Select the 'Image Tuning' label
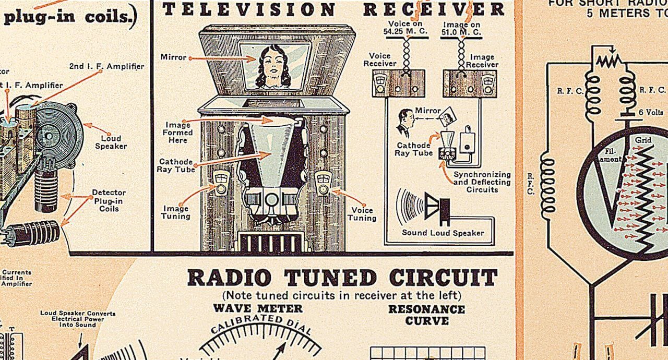[x=175, y=212]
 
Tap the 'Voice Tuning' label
[x=362, y=214]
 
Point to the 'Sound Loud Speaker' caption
[x=443, y=233]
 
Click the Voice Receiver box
[x=398, y=83]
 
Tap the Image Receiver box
[x=469, y=83]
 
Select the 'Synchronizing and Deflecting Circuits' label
[x=482, y=182]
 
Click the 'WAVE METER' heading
[x=257, y=308]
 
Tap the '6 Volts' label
[x=650, y=112]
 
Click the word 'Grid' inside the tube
[x=642, y=140]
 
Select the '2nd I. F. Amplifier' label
[x=106, y=66]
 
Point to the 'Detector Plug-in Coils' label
[x=109, y=200]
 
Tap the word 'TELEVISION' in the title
[x=248, y=9]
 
